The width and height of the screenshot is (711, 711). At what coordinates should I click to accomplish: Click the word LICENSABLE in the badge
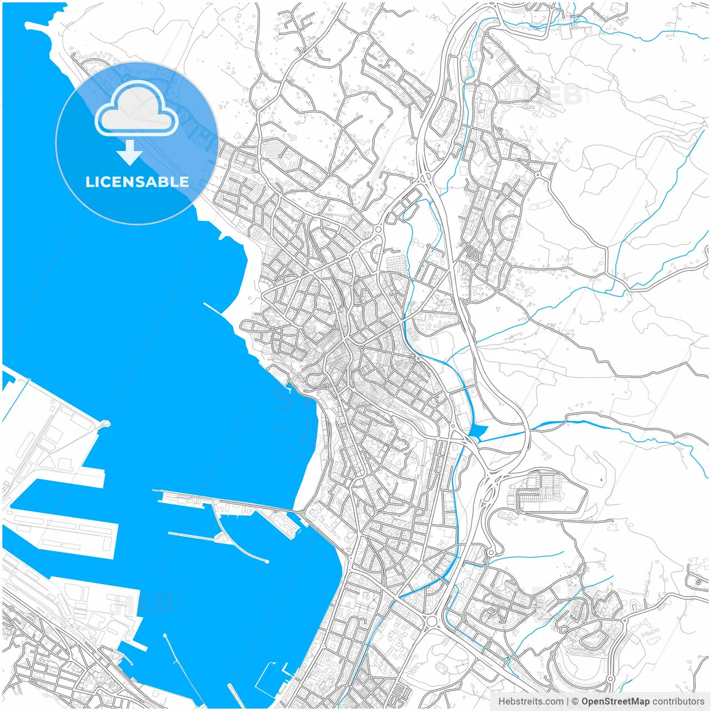point(137,182)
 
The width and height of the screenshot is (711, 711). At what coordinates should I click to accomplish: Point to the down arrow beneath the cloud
point(130,153)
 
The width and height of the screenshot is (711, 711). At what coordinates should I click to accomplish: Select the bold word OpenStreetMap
point(615,702)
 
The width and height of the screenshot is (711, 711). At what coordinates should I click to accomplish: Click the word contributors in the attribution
point(678,702)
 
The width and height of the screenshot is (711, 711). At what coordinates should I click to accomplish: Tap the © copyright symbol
point(575,702)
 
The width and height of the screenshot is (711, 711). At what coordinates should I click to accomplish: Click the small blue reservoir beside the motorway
point(477,431)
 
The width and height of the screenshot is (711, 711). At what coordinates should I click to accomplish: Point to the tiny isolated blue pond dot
point(602,479)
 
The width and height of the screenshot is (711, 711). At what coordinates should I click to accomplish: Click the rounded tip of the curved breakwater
point(267,561)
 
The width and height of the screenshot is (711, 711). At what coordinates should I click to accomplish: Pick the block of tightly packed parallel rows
point(542,488)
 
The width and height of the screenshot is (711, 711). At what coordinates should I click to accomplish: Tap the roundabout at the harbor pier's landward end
point(302,512)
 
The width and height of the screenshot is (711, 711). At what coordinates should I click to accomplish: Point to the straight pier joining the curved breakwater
point(192,536)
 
